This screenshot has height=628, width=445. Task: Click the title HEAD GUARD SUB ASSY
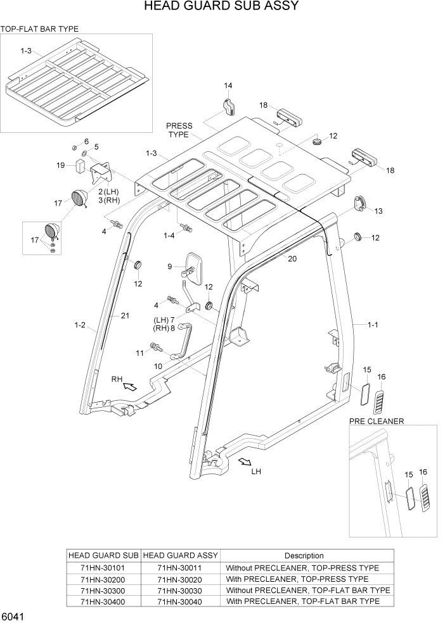coord(221,7)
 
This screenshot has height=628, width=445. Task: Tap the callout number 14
coord(228,85)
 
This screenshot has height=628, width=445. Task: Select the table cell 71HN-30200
coord(103,579)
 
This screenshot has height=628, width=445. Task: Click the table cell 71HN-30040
coord(180,601)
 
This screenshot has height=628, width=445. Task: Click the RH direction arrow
coord(129,386)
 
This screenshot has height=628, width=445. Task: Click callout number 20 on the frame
coord(292,258)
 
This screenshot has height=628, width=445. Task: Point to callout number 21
coord(125,315)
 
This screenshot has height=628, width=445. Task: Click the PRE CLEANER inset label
coord(376,421)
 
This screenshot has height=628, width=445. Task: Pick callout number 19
coord(61,165)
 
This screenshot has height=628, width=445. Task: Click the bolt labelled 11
coord(154,346)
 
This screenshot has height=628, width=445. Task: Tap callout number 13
coord(378,211)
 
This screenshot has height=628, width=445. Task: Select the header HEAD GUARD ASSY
coord(180,556)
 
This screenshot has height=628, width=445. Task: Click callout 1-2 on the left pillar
coord(80,325)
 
